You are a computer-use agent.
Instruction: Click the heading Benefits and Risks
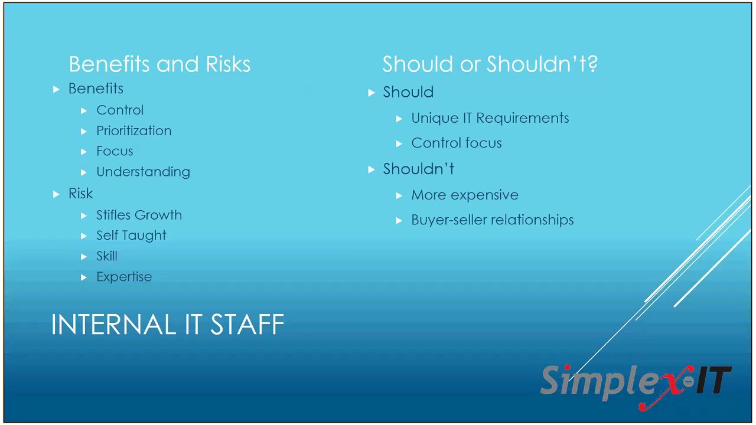pos(159,64)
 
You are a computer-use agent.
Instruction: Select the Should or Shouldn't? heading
pos(490,64)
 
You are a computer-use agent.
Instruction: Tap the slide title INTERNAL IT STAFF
pos(168,325)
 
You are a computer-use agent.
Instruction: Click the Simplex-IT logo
pos(636,384)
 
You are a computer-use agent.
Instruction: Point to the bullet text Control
pos(120,110)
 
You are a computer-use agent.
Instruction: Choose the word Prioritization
pos(134,131)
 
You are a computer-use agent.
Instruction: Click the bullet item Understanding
pos(143,172)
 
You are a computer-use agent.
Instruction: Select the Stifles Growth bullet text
pos(139,215)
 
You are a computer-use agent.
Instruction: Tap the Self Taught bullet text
pos(131,236)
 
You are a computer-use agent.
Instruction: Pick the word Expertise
pos(124,277)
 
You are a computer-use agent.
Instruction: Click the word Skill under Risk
pos(107,256)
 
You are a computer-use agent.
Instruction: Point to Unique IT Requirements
pos(490,118)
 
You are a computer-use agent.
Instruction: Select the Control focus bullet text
pos(456,143)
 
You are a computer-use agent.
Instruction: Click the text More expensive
pos(464,195)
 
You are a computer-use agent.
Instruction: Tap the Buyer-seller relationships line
pos(492,220)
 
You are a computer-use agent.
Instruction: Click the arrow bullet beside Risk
pos(56,194)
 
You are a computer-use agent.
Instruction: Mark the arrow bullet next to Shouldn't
pos(371,169)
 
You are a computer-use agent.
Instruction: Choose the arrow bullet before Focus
pos(84,152)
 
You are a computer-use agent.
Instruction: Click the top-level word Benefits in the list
pos(96,89)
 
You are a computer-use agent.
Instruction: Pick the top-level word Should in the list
pos(408,92)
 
